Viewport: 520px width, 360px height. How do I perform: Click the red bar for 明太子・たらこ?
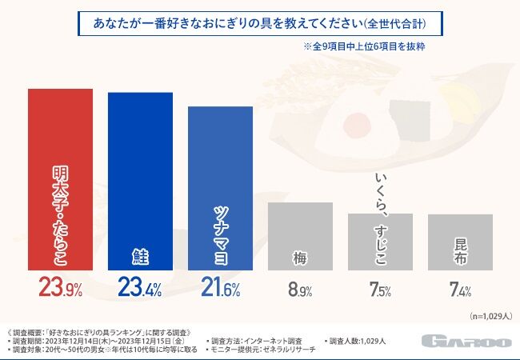click(x=60, y=179)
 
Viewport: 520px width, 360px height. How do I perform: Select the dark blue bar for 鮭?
click(x=140, y=182)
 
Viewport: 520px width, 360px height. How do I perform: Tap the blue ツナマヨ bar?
click(x=220, y=188)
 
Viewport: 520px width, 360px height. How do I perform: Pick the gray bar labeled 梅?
click(x=300, y=236)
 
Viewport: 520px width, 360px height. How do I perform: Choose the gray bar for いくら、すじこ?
click(x=380, y=242)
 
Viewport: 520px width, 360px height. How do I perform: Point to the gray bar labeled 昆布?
click(x=460, y=242)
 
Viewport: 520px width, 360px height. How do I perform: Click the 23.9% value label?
click(x=60, y=287)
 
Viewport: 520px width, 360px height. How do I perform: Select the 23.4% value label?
click(x=140, y=287)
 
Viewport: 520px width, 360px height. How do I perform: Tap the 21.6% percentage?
click(x=220, y=287)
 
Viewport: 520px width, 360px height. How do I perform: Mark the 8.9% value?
click(x=300, y=289)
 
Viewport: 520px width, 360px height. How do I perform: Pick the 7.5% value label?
click(x=380, y=289)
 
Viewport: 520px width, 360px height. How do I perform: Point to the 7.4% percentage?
click(x=460, y=289)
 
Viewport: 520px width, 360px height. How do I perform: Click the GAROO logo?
click(x=467, y=342)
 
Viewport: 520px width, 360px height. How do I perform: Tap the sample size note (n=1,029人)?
click(x=491, y=316)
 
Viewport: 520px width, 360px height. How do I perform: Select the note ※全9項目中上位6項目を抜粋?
click(x=364, y=46)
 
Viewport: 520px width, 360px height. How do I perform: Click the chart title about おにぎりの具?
click(x=260, y=23)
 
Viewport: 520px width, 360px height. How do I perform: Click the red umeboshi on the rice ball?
click(x=358, y=124)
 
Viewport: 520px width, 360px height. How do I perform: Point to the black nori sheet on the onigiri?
click(x=410, y=120)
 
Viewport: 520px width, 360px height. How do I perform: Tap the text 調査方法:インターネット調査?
click(x=254, y=341)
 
